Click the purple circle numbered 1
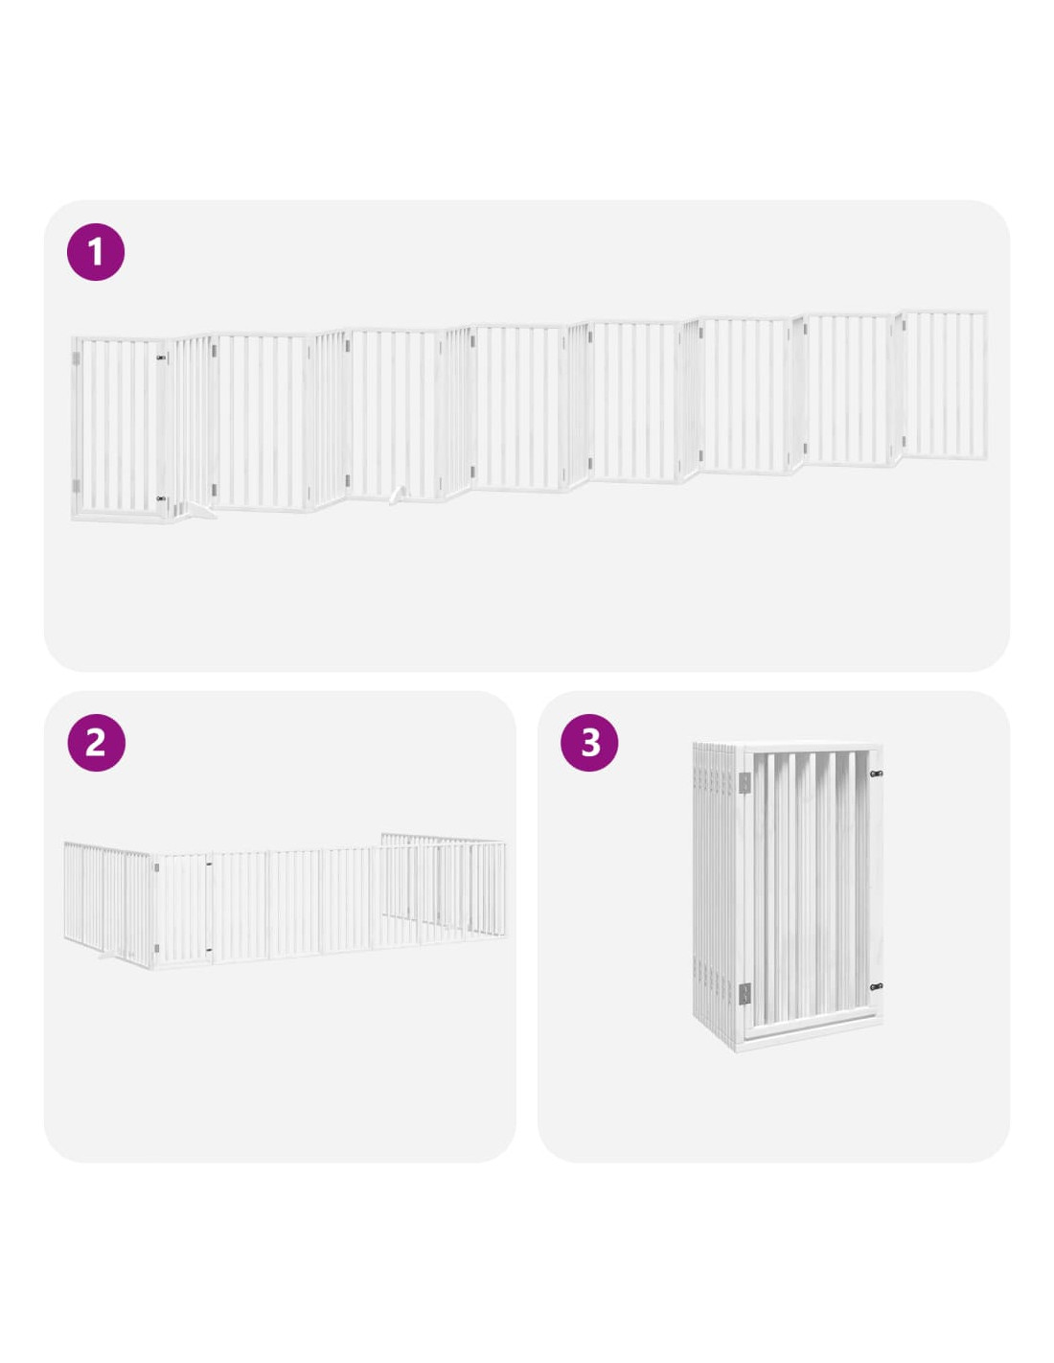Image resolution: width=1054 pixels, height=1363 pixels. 96,251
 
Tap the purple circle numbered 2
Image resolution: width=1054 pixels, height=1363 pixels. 96,743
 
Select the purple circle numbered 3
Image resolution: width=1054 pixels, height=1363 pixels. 589,743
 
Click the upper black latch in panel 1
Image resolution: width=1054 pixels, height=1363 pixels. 161,358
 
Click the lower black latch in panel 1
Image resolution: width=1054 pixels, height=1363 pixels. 161,498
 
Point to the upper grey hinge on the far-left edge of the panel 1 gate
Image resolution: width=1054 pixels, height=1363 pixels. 77,359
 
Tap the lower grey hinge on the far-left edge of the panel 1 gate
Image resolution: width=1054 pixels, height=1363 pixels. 77,487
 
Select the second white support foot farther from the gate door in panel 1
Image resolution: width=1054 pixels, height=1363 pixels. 397,495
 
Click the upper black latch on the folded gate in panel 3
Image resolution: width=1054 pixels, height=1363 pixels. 876,774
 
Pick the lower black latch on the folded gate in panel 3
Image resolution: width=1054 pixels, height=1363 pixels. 876,987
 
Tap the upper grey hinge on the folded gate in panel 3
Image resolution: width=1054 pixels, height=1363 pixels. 745,781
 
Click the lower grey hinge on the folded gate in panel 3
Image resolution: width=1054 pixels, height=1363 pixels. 745,992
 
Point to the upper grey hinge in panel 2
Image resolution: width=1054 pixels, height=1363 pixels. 157,867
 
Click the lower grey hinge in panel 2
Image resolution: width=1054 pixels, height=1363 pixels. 157,949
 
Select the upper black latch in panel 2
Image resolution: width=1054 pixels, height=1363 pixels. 210,866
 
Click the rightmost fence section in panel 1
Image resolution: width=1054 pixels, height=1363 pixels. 944,385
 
